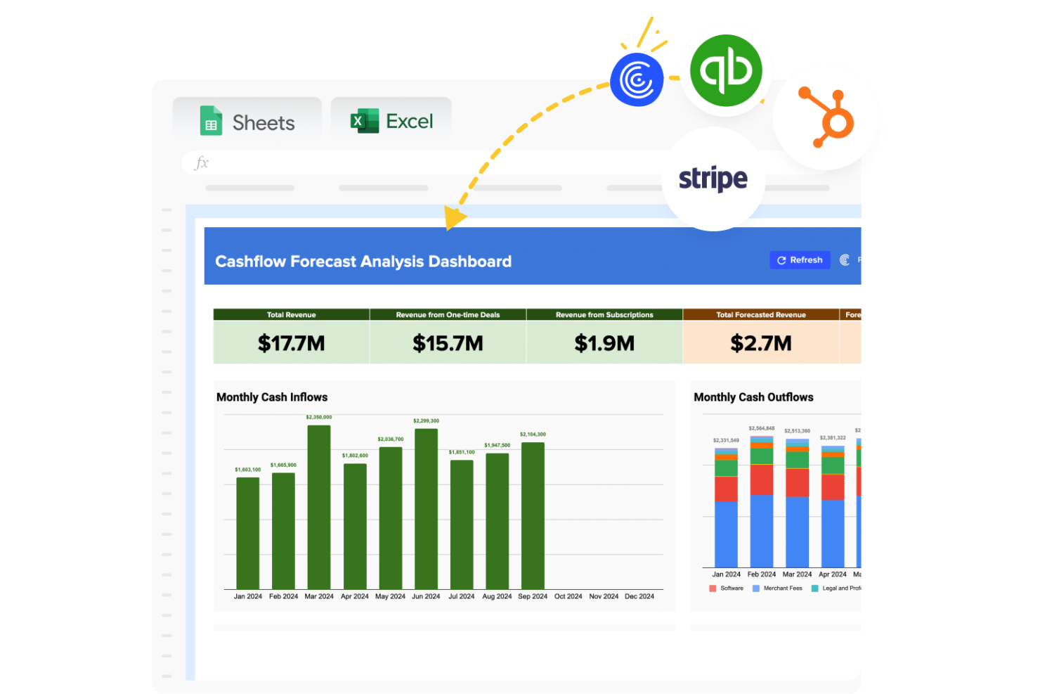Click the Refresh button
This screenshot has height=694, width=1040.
pos(800,260)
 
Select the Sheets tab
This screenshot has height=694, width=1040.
pos(247,122)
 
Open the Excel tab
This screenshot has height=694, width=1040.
pos(391,121)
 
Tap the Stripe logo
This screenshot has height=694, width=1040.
pos(713,179)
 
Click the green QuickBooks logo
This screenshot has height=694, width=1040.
pos(726,71)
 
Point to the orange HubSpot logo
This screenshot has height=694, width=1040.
pos(827,119)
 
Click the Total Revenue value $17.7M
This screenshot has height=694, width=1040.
pos(291,343)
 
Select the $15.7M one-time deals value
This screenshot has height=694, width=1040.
pos(448,343)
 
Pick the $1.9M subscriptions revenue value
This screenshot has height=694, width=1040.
pos(604,343)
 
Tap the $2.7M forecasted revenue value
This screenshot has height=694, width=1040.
pos(761,343)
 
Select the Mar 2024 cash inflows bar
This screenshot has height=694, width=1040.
pos(319,506)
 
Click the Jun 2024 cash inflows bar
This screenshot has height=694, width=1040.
pos(426,508)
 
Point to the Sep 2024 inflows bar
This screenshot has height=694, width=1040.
pos(533,515)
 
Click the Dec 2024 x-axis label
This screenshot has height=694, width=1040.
pos(639,596)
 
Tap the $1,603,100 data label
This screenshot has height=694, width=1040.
pos(247,470)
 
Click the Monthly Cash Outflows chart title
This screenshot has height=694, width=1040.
pos(753,397)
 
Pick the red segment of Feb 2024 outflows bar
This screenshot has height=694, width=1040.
pos(762,480)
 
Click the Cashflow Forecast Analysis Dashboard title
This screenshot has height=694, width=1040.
pos(363,262)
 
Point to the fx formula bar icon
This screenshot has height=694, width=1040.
pos(202,163)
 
